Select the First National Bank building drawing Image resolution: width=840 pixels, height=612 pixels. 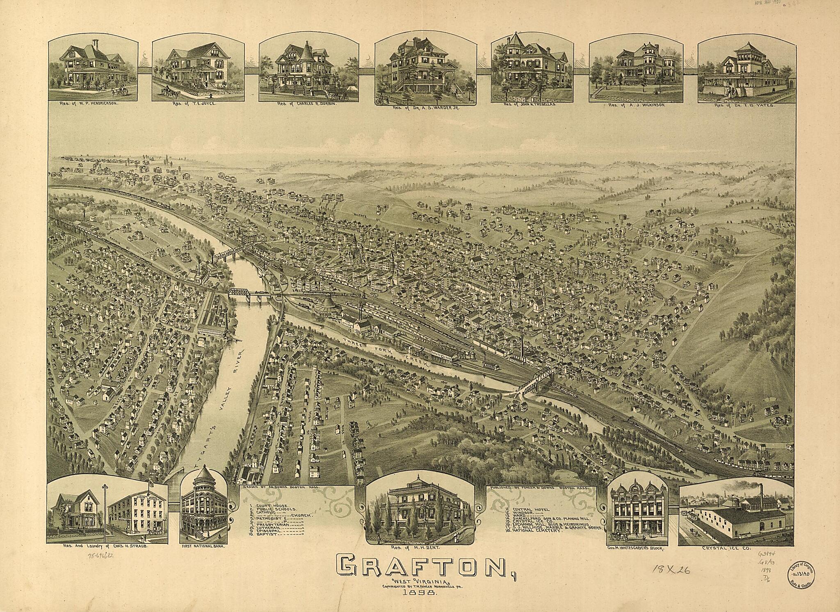(203, 511)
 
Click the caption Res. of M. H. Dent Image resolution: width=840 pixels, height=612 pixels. (420, 548)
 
